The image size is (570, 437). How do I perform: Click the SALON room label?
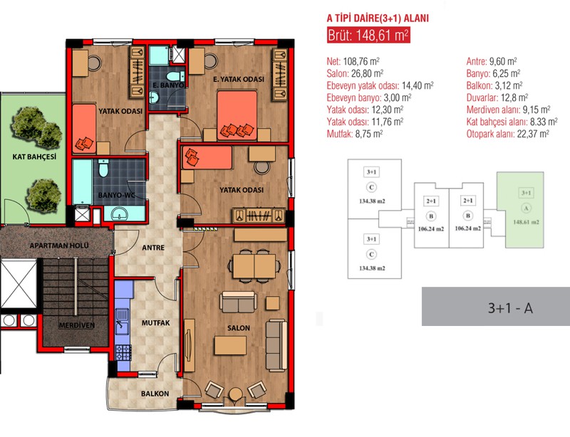239,327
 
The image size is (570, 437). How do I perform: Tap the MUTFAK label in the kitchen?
155,322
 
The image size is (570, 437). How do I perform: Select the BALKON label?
155,394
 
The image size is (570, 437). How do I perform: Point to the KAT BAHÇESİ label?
34,157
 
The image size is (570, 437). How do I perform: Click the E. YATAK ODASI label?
239,79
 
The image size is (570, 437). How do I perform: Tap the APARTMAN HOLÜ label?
59,246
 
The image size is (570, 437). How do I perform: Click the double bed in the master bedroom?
237,115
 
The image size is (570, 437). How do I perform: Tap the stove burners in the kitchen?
123,352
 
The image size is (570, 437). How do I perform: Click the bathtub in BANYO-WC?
82,181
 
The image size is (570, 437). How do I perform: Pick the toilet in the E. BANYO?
175,76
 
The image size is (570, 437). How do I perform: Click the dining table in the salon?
254,266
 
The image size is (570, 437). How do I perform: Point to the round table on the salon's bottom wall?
236,394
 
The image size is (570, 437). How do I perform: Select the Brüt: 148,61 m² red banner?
368,36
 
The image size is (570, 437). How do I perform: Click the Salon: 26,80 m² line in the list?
355,74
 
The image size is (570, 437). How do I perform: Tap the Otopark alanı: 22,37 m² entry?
508,134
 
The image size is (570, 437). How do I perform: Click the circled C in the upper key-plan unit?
371,187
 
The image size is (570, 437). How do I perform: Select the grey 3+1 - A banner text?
510,308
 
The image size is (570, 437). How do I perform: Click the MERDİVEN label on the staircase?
77,325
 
